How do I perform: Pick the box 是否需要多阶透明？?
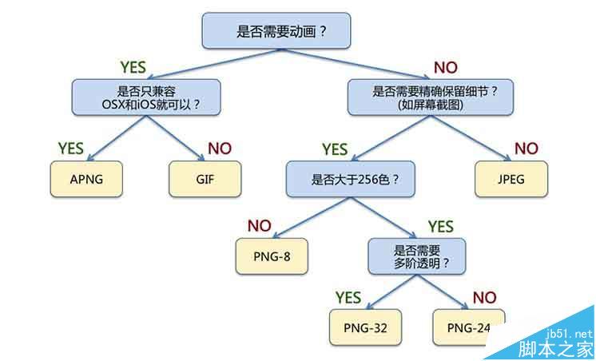click(x=411, y=256)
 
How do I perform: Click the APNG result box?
click(x=85, y=179)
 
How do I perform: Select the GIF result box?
click(x=205, y=179)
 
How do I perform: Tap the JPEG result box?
click(x=511, y=179)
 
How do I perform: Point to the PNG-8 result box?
click(x=272, y=256)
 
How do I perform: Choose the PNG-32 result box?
click(x=365, y=327)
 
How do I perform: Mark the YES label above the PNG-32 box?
click(x=348, y=297)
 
